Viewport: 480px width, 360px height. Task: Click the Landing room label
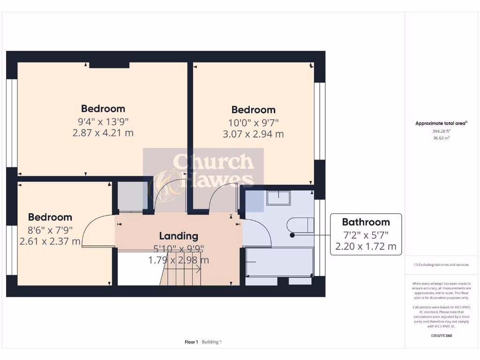coord(179,236)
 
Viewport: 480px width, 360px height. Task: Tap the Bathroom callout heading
coord(366,222)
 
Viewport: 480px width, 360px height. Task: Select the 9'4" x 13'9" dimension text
coord(103,121)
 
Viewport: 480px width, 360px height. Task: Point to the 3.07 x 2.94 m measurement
coord(253,134)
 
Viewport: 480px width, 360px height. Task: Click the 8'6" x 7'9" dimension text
coord(50,230)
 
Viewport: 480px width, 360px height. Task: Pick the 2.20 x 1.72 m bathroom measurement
coord(366,246)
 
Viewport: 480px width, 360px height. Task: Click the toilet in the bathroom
coord(302,225)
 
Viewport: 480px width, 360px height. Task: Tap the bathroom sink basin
coord(278,198)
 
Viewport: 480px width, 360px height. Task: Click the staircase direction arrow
coord(195,269)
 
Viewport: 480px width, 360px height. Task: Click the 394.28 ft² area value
coord(441,132)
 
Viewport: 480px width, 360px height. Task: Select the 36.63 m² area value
coord(441,138)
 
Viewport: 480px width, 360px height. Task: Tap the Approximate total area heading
coord(441,123)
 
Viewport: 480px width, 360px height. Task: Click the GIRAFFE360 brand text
coord(441,336)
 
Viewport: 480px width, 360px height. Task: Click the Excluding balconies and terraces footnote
coord(441,265)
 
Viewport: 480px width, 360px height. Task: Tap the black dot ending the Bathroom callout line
coord(292,235)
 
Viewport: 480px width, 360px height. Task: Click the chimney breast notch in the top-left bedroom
coord(109,65)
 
